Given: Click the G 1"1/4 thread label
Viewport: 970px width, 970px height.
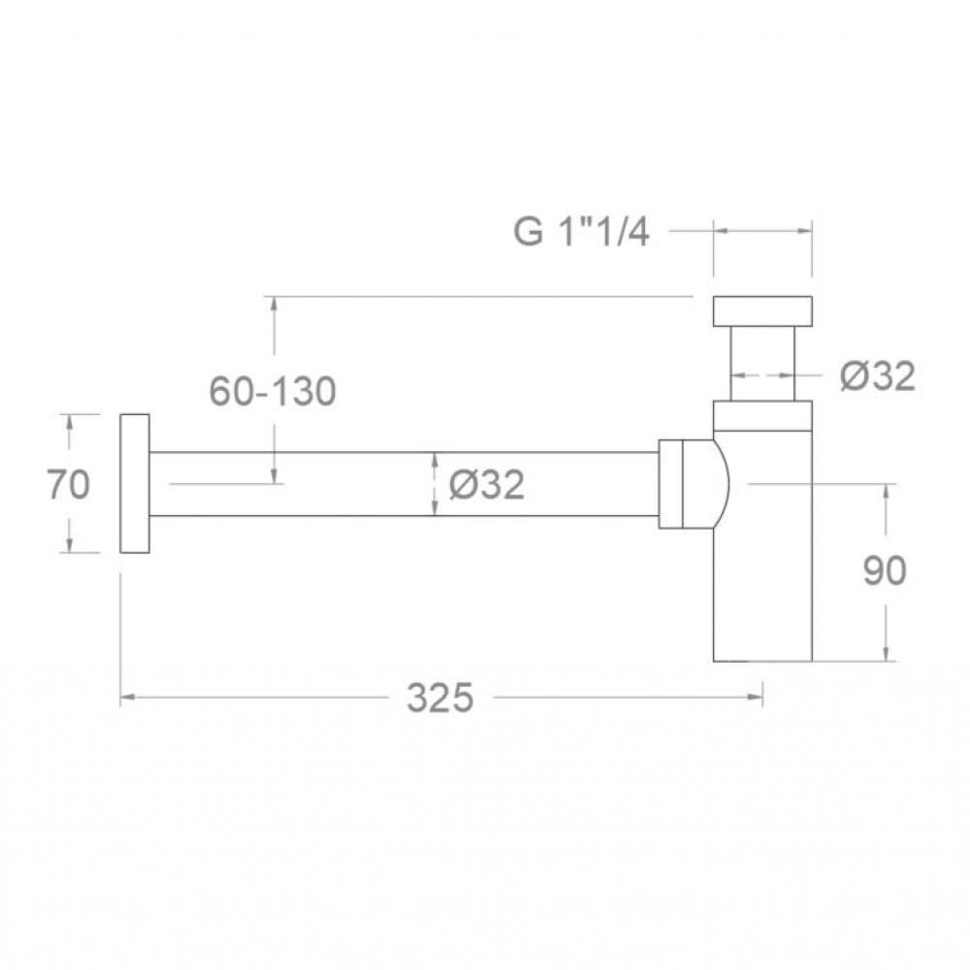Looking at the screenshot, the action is point(581,232).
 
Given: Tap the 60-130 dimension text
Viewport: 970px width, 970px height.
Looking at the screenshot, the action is point(273,391).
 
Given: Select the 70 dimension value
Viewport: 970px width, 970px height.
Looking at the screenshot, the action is point(69,484).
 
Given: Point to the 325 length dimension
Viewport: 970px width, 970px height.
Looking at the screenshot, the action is point(439,697).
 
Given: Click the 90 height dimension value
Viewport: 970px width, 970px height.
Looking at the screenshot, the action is point(885,570).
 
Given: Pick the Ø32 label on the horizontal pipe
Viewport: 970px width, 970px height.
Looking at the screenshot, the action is point(487,484).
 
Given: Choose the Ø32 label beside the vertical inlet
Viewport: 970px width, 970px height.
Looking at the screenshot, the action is point(877,375).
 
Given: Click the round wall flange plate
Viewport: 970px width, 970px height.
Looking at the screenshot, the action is point(135,483).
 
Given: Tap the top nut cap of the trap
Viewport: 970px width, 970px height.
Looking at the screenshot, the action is point(762,311).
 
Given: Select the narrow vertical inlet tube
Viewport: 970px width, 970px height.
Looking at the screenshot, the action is point(762,363).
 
